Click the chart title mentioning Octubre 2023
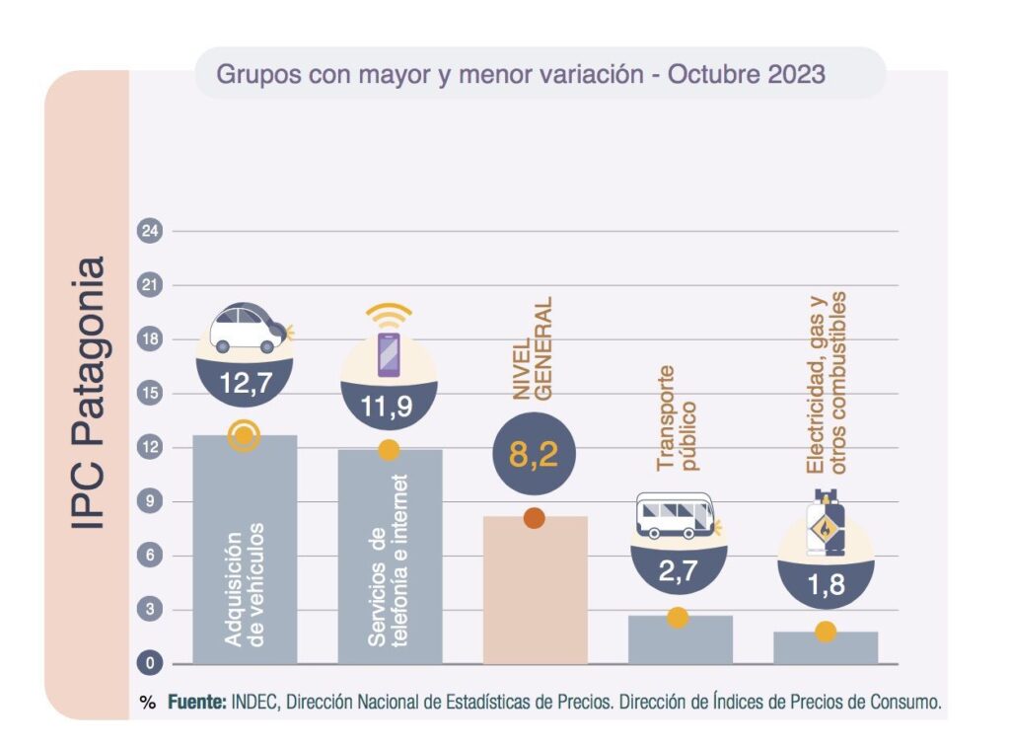[x=521, y=74]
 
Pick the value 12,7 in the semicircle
[x=243, y=383]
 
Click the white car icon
[x=249, y=330]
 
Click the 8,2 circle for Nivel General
[x=534, y=455]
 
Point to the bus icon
[x=675, y=516]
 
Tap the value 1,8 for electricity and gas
[x=825, y=585]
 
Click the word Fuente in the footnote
[x=196, y=704]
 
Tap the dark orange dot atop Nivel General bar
[x=535, y=518]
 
